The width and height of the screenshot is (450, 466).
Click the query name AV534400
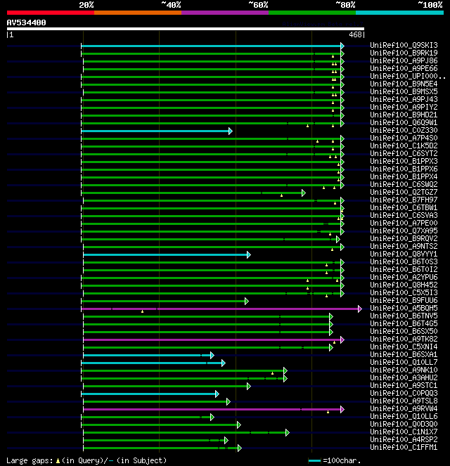tap(27, 22)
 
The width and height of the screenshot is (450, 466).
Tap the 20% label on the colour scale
tap(86, 5)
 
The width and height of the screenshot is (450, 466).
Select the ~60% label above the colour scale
tap(258, 5)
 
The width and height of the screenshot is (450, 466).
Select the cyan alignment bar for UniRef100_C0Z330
tap(155, 131)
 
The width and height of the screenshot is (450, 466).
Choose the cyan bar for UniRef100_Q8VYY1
tap(165, 254)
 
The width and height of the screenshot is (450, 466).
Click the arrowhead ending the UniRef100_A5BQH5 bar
tap(360, 309)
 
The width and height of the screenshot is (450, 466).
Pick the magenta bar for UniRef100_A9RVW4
tap(211, 409)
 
